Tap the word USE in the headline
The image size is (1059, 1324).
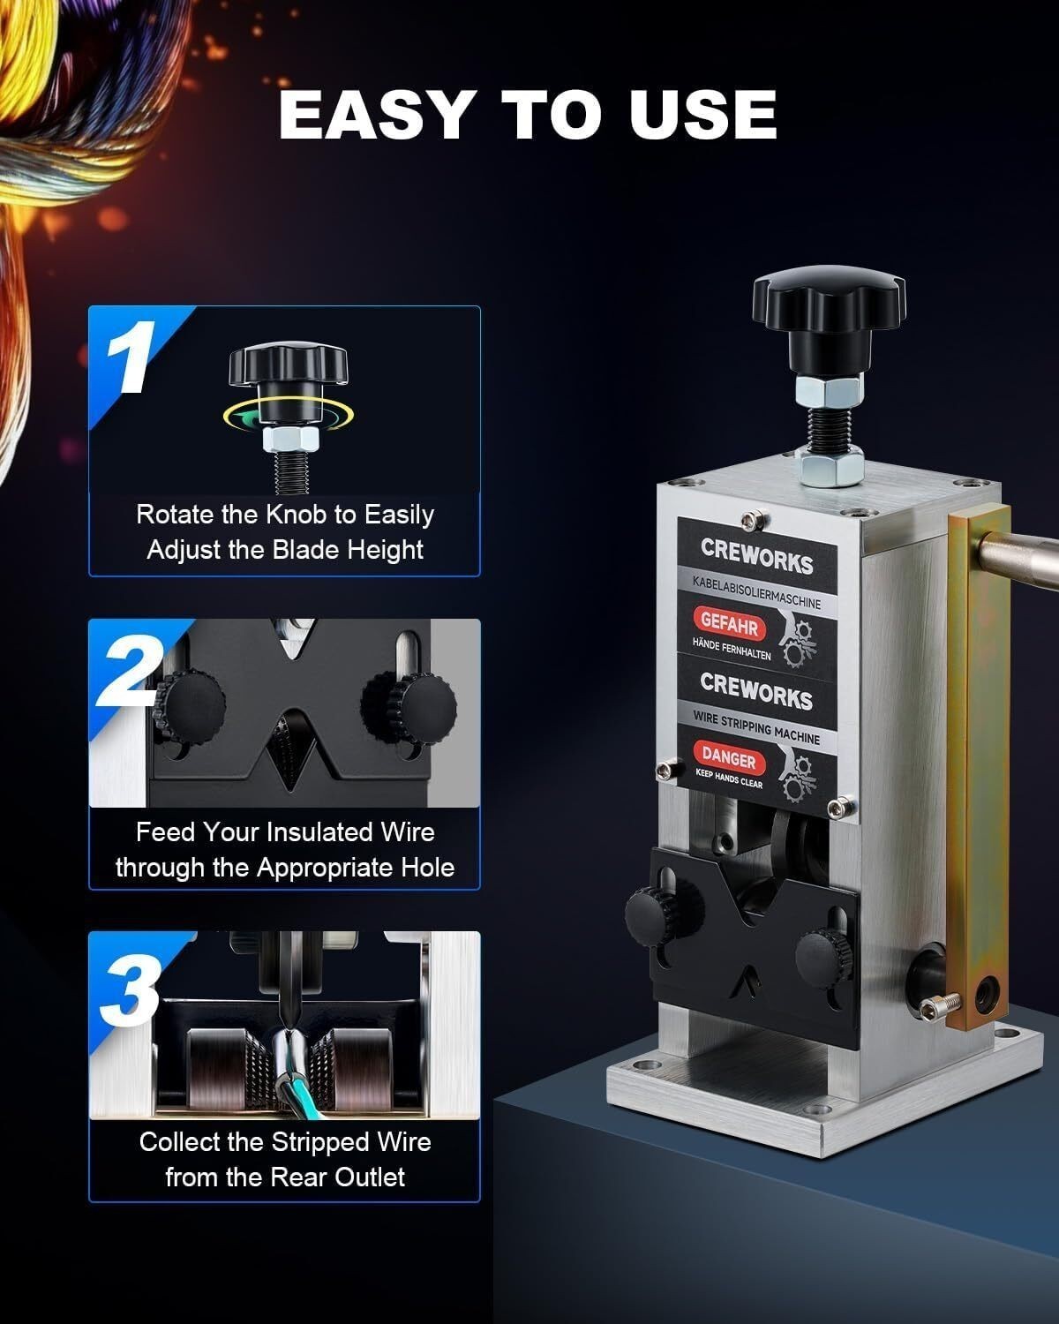702,115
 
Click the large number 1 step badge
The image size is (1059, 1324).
129,357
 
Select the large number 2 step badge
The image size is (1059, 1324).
131,671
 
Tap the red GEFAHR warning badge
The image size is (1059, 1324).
730,625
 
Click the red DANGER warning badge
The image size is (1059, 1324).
729,758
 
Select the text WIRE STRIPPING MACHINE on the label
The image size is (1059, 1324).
756,727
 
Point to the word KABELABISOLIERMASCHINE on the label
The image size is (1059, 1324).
756,592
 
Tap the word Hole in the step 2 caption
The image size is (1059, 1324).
428,868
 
